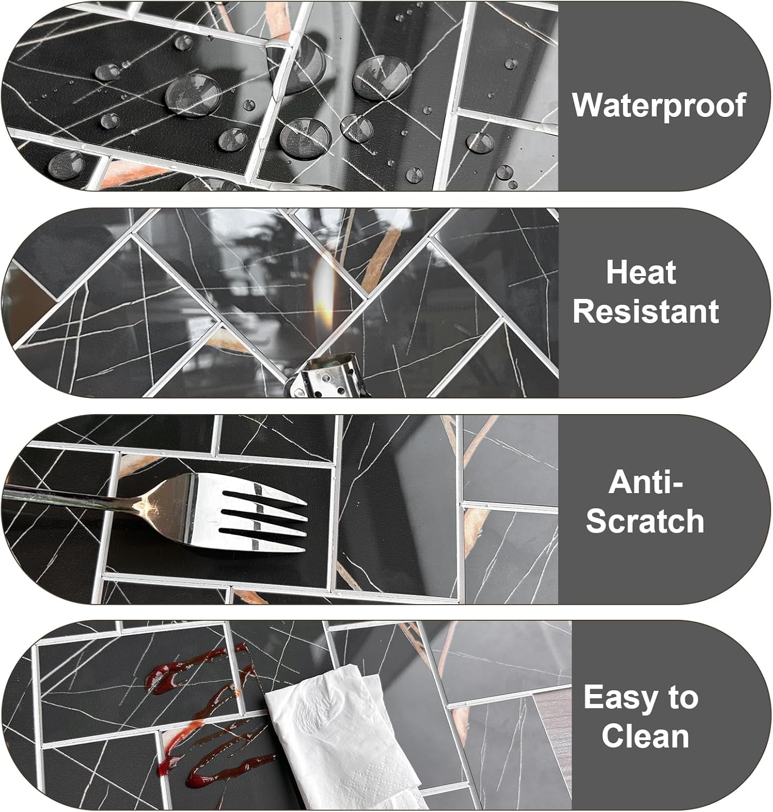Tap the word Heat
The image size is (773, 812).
pyautogui.click(x=641, y=272)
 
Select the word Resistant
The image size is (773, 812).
pyautogui.click(x=646, y=311)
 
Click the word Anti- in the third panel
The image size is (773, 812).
pyautogui.click(x=646, y=482)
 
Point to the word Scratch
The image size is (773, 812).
pyautogui.click(x=645, y=521)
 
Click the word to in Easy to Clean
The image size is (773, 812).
pyautogui.click(x=682, y=698)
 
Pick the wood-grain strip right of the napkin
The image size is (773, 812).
pyautogui.click(x=554, y=739)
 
